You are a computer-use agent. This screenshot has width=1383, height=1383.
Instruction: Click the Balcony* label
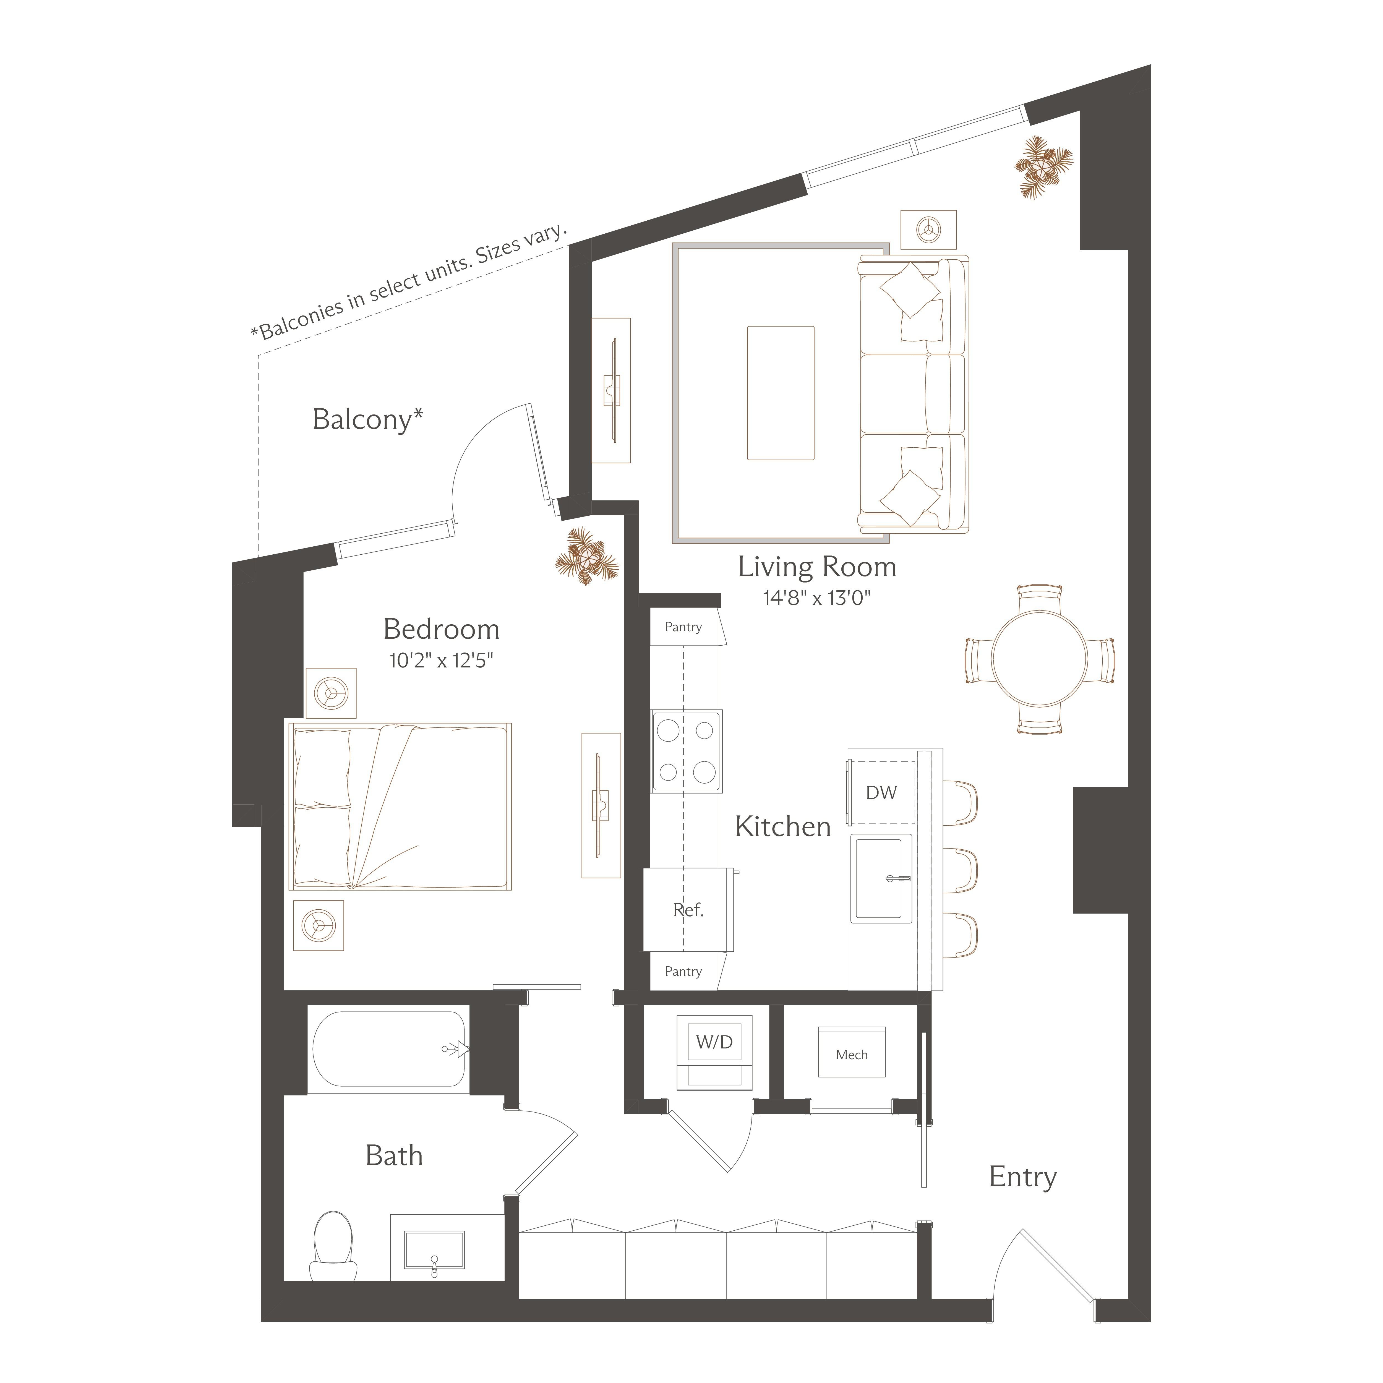coord(367,419)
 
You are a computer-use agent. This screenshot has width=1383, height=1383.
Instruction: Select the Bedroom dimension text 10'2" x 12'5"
coord(441,660)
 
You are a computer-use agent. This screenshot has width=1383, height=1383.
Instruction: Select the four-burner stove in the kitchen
coord(686,751)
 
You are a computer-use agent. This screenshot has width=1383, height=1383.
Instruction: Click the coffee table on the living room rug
coord(780,393)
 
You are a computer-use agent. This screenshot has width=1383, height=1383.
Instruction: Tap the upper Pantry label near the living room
coord(683,627)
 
